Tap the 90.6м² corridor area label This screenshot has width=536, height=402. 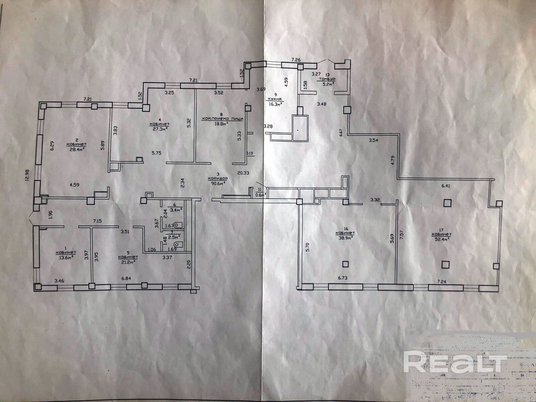pyautogui.click(x=218, y=183)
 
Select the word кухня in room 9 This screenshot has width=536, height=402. pyautogui.click(x=274, y=99)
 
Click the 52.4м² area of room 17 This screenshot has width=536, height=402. pyautogui.click(x=442, y=239)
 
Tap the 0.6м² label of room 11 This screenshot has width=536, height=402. pyautogui.click(x=261, y=193)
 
